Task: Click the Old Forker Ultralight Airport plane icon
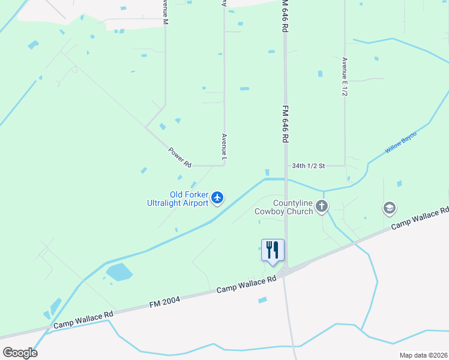[x=217, y=197]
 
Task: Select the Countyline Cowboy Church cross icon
[x=322, y=207]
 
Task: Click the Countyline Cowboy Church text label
[x=284, y=207]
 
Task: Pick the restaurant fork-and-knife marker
[x=273, y=250]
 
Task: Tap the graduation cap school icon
[x=389, y=208]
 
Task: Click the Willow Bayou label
[x=400, y=142]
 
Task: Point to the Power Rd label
[x=179, y=157]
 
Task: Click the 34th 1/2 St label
[x=308, y=165]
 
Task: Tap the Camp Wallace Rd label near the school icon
[x=419, y=218]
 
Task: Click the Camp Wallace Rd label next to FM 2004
[x=246, y=285]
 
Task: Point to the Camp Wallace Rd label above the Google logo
[x=83, y=320]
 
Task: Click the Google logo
[x=20, y=353]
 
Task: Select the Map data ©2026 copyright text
[x=423, y=355]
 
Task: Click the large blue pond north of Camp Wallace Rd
[x=119, y=272]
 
